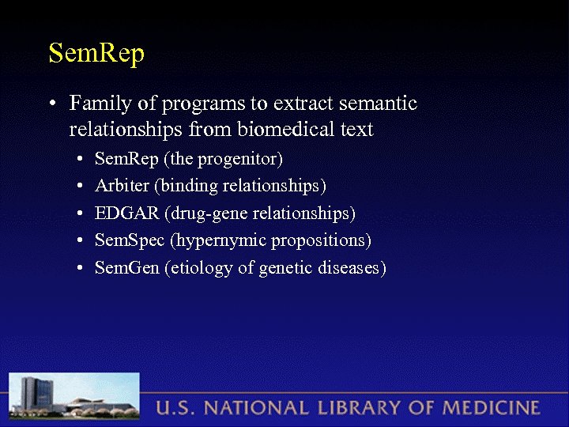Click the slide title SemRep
pos(96,54)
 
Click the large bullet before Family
pos(51,104)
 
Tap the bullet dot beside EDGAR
pos(81,214)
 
